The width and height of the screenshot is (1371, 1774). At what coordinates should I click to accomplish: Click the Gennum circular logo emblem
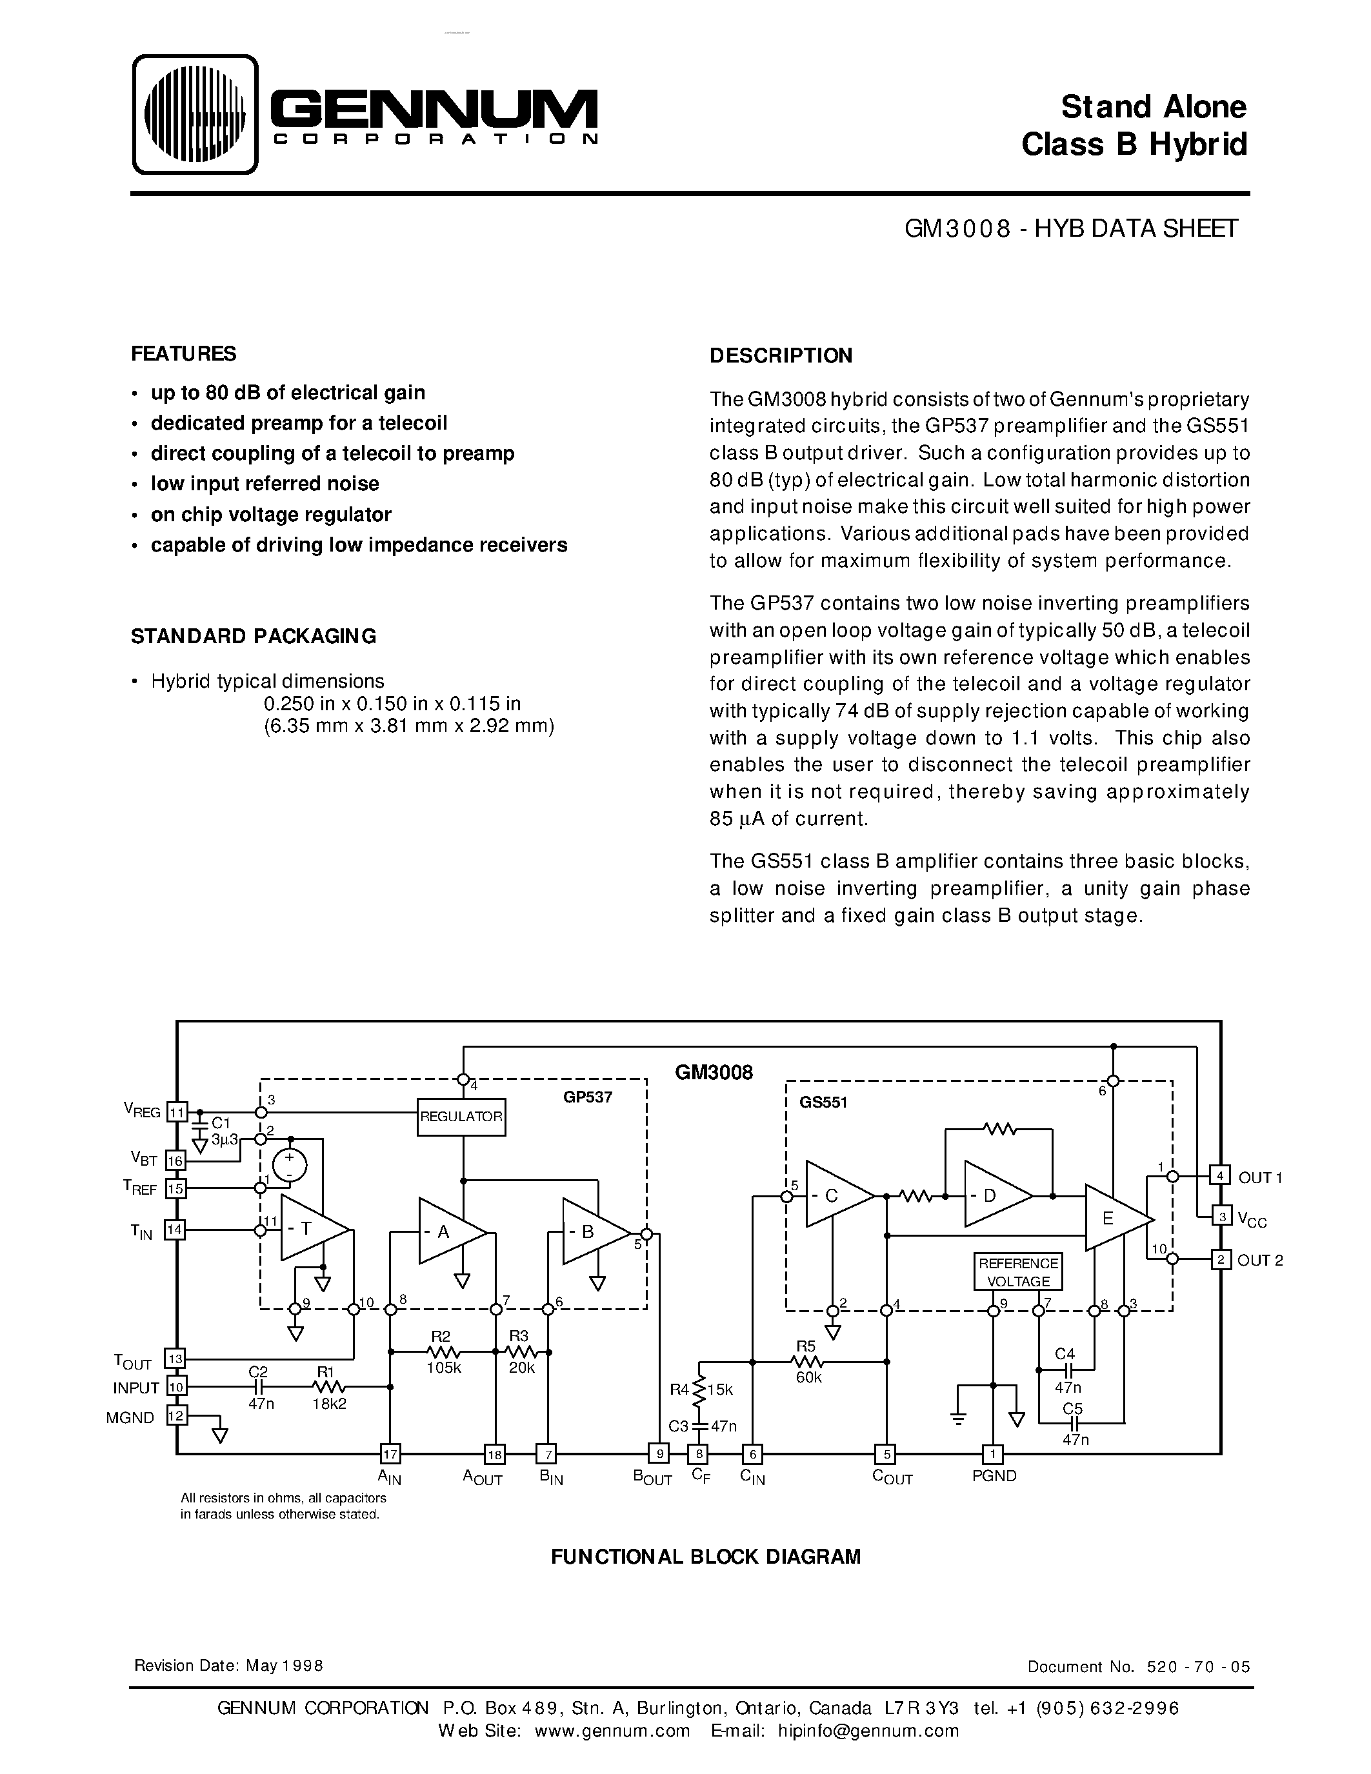click(x=194, y=115)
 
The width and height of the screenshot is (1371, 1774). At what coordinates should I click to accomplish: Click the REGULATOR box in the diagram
click(x=461, y=1116)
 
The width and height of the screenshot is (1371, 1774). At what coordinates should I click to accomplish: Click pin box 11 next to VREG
click(x=176, y=1112)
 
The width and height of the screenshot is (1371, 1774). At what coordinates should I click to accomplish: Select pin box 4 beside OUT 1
click(x=1220, y=1175)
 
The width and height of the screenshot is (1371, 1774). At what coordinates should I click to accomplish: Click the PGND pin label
click(x=994, y=1476)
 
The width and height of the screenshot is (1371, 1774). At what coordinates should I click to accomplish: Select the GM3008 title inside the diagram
click(x=713, y=1072)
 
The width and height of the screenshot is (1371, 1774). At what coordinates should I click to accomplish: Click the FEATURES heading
click(x=184, y=354)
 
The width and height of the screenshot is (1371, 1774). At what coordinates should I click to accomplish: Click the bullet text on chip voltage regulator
click(x=270, y=514)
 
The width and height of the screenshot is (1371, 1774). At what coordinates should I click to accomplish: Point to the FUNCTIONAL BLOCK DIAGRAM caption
click(x=705, y=1557)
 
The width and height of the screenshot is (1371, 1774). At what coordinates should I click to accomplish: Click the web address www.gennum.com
click(x=612, y=1730)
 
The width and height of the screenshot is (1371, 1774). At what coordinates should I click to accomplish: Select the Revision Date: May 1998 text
click(x=228, y=1666)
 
